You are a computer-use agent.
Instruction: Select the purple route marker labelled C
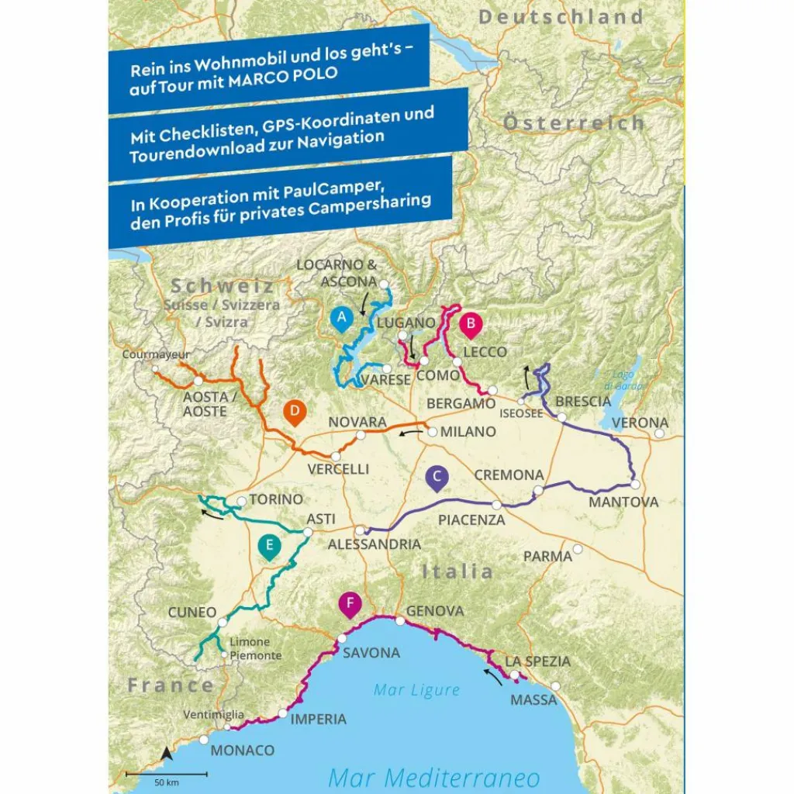437,478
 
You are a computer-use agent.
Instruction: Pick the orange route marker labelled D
294,413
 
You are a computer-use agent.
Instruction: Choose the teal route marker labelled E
268,547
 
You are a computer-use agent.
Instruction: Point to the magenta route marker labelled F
351,604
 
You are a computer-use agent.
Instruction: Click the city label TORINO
276,500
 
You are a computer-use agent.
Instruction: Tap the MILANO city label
468,432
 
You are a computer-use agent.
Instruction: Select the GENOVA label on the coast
435,611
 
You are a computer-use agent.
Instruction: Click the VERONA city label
640,423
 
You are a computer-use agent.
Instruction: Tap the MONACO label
243,751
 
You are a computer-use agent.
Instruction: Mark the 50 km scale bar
167,773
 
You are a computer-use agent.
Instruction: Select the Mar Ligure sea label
416,689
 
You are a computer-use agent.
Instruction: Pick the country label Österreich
573,123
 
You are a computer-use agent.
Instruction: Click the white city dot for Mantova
634,485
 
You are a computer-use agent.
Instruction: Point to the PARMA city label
547,557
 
